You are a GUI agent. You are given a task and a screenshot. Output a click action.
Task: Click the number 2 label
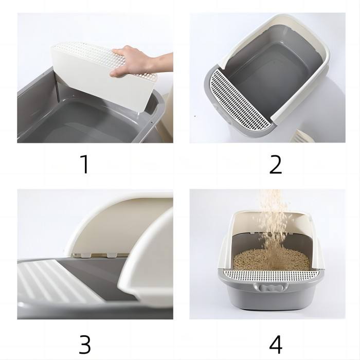click(275, 165)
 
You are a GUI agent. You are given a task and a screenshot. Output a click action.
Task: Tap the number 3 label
click(85, 345)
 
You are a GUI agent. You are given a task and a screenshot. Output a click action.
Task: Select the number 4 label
click(276, 345)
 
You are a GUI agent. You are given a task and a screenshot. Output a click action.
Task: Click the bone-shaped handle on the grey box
click(271, 287)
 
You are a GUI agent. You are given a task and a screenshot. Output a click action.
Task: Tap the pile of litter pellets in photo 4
click(271, 260)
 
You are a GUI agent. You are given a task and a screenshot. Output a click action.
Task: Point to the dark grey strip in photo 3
click(97, 276)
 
